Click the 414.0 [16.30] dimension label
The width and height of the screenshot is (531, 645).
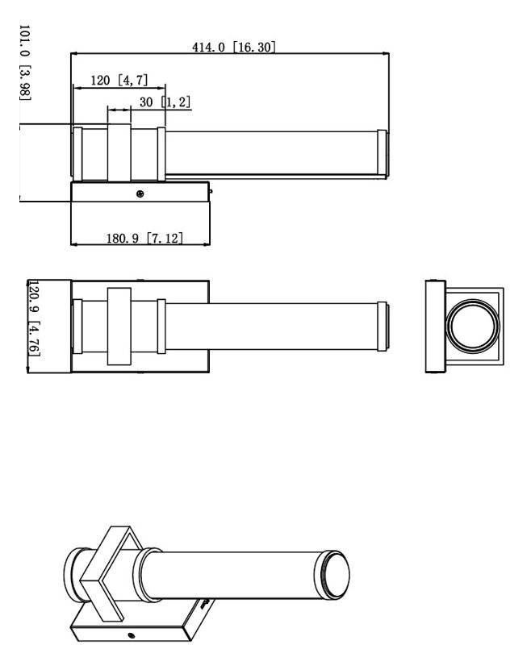[x=233, y=47]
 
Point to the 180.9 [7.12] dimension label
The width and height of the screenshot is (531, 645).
[x=144, y=238]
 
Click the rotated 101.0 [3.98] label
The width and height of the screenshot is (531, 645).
[x=25, y=62]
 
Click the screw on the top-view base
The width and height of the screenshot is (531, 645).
[x=140, y=193]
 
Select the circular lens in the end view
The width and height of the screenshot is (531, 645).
[x=473, y=326]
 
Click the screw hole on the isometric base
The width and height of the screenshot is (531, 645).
[x=132, y=635]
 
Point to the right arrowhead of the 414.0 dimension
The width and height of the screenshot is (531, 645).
[x=386, y=53]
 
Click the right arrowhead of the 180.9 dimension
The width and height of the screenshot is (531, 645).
[x=207, y=244]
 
